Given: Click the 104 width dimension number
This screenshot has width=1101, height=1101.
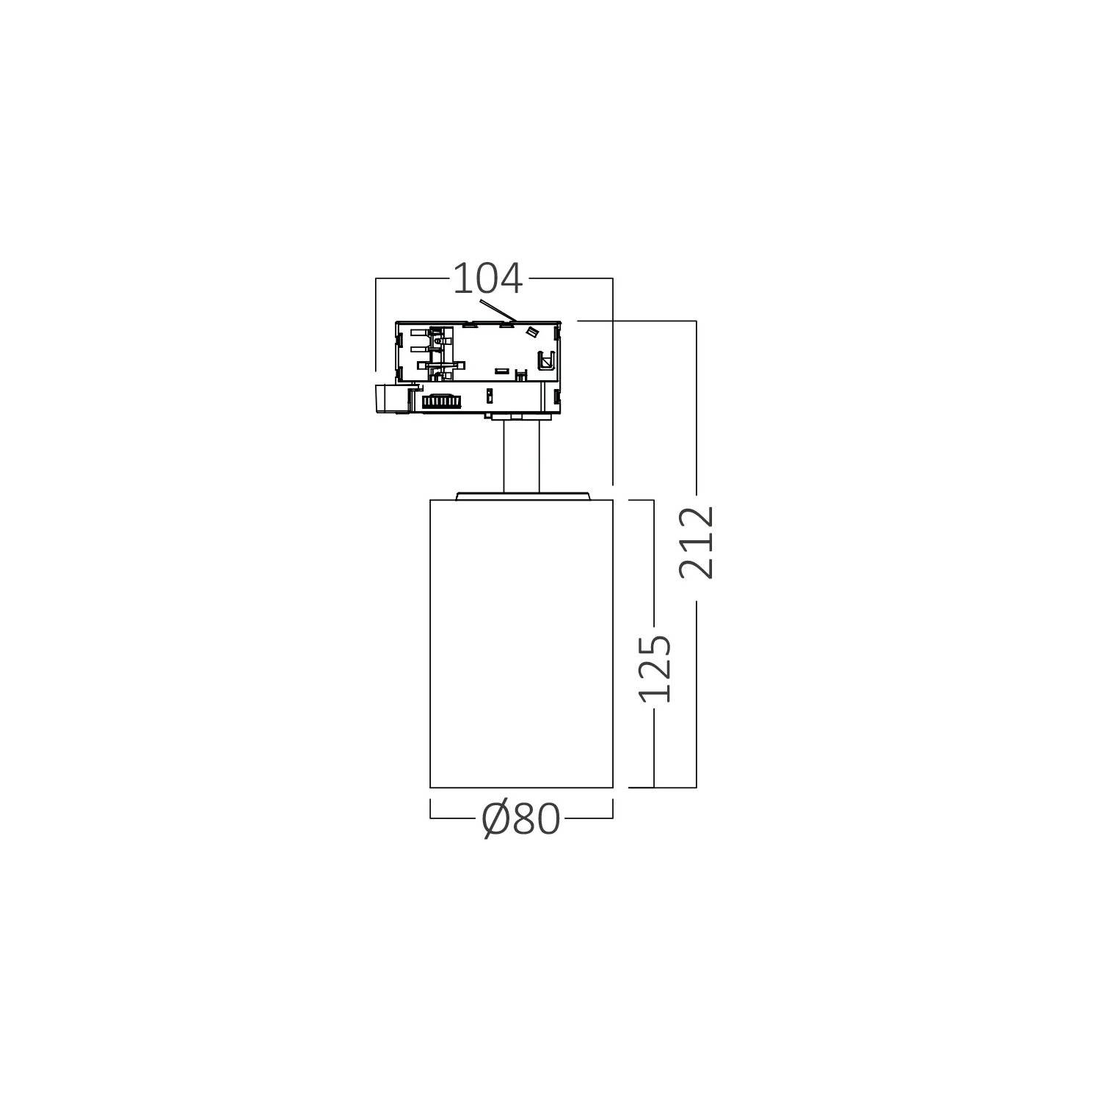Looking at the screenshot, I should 487,279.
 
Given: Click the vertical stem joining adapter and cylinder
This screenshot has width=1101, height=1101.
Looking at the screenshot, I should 522,458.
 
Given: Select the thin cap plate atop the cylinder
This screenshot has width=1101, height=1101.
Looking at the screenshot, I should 521,495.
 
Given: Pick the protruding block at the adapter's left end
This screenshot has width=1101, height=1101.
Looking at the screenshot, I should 391,400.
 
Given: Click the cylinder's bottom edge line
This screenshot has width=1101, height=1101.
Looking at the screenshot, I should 521,788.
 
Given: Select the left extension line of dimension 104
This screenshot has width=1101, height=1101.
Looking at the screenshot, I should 376,323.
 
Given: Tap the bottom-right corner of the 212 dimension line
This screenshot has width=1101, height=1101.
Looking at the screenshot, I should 696,787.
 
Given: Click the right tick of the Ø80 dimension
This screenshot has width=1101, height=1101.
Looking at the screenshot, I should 612,810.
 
